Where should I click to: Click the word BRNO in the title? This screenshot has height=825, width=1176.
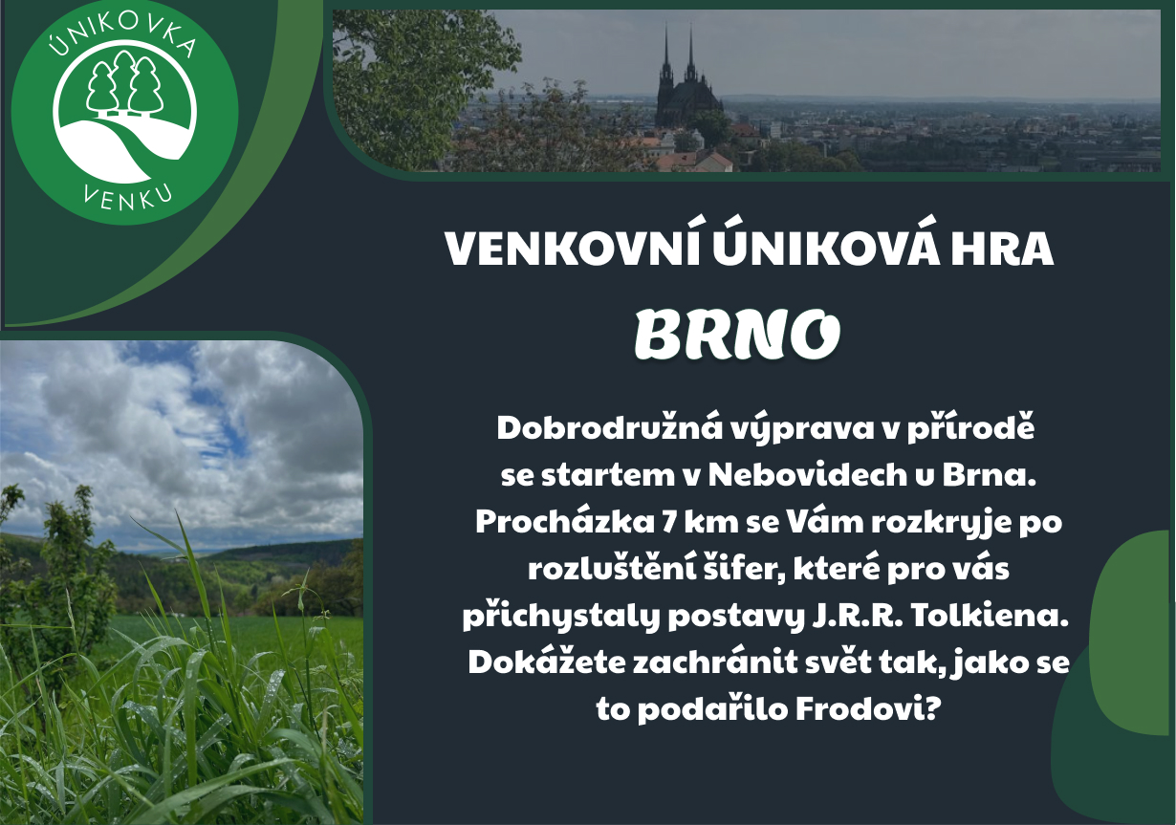click(737, 334)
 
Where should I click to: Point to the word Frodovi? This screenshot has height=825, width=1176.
click(867, 709)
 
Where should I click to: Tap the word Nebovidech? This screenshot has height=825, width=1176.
click(808, 475)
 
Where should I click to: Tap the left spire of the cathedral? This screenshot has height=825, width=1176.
click(666, 57)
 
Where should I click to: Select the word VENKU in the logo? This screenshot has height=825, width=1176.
click(127, 199)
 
